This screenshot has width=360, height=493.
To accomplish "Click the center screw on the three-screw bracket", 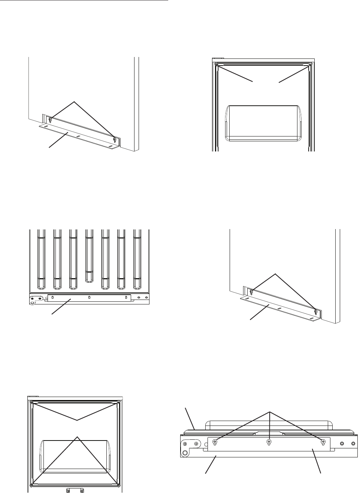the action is (269, 443).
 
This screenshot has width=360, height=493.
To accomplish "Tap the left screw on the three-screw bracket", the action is (215, 443).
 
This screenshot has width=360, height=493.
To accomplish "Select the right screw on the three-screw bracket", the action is (323, 443).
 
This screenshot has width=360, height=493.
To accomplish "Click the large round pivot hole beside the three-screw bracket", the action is (185, 452).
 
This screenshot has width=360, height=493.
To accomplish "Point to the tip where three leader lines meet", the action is (270, 412).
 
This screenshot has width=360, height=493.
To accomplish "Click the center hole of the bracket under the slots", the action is (89, 298).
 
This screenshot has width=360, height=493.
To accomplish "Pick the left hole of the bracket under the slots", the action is (52, 298).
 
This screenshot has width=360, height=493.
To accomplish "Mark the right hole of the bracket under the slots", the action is (126, 298).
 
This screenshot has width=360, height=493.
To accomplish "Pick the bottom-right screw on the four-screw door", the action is (119, 485).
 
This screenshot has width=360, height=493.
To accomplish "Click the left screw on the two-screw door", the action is (217, 65).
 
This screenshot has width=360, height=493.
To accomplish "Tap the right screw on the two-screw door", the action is (309, 65).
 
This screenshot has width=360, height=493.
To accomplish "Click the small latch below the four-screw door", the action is (74, 490).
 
